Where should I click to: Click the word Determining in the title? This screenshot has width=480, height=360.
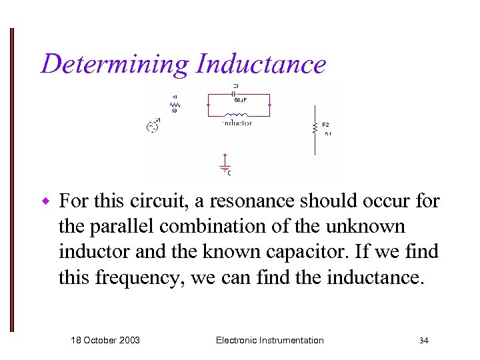114,65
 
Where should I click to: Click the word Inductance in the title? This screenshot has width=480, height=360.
261,65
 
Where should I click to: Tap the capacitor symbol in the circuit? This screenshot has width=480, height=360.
237,93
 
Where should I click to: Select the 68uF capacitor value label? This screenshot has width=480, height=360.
241,100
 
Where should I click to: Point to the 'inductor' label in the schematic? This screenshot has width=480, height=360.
237,123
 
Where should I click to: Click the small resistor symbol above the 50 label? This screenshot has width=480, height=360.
175,104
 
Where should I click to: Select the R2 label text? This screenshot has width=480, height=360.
325,125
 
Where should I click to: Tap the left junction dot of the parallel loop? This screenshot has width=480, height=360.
209,105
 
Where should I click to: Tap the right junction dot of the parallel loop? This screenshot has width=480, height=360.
269,105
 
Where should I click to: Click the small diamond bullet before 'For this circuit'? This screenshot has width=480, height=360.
45,201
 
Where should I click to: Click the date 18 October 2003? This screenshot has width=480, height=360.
105,340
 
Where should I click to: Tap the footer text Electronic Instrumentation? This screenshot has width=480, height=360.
270,340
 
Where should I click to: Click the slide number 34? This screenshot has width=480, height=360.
423,341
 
